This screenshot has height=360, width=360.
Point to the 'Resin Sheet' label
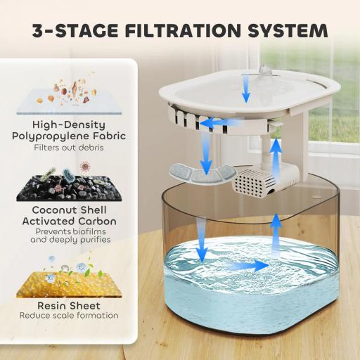(69, 306)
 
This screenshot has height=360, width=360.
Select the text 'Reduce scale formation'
(69, 316)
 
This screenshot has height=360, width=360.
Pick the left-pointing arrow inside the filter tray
(215, 123)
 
